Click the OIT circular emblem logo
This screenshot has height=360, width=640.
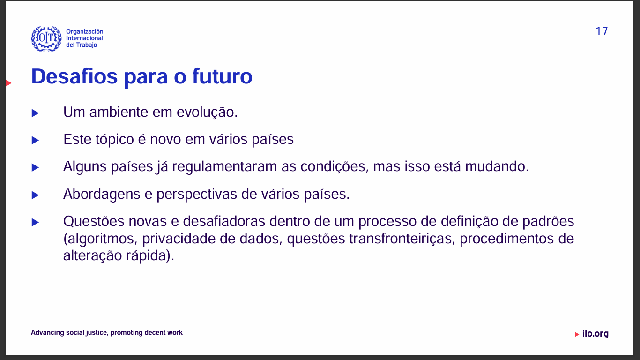pos(46,38)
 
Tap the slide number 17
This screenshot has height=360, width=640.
pos(602,31)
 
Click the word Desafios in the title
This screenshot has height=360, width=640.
pos(74,76)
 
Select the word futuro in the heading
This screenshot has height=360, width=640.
pos(222,76)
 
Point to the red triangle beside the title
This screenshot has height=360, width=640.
pos(8,83)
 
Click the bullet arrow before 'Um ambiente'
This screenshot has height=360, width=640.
pos(35,113)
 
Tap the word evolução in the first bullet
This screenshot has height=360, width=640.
pos(207,112)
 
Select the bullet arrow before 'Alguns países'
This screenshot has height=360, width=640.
pos(35,167)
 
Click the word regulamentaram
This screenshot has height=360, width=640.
pos(224,167)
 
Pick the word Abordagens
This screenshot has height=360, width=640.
pos(102,195)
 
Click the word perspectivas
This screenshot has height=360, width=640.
pos(197,195)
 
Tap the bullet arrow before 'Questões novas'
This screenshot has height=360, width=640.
pos(35,222)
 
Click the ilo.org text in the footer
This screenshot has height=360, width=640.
pos(595,334)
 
